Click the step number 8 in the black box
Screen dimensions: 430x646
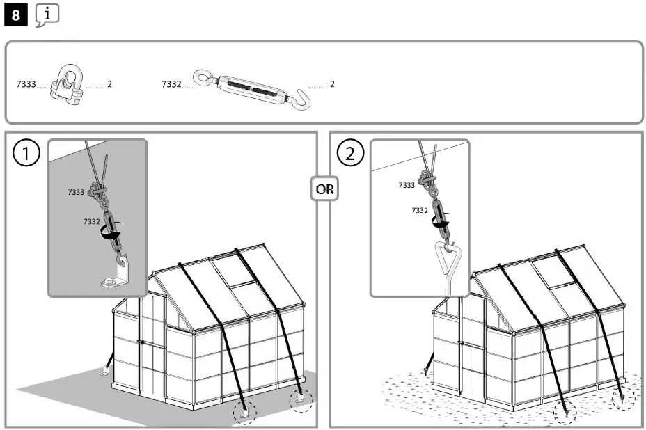16,16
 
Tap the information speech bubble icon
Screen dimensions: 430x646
47,15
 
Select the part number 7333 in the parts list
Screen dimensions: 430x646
26,84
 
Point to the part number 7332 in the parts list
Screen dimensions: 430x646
171,84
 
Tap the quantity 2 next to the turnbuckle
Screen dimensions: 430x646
332,84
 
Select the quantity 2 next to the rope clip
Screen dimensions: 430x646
110,84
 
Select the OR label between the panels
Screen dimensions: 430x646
324,189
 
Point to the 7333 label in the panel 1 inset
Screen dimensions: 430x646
76,192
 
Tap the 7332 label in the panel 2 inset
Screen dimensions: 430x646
420,210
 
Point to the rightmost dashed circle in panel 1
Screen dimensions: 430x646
301,400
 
